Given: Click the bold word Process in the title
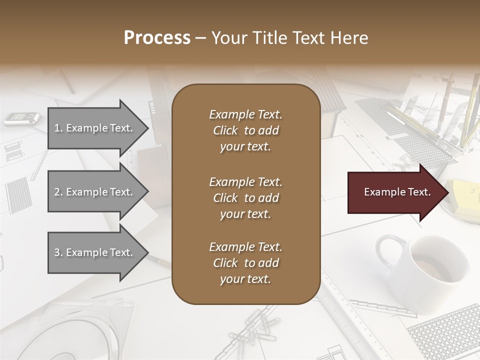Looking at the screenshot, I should point(157,38).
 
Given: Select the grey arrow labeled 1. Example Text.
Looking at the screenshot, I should point(95,128).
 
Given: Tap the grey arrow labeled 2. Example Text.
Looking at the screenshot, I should point(95,192).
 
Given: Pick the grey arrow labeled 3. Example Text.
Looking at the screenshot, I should point(95,252).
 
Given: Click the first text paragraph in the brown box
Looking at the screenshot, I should point(245,130).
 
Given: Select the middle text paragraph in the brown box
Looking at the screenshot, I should point(245,198).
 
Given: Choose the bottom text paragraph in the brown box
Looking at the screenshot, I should point(245,263).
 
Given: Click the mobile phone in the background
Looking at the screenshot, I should point(22,118).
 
